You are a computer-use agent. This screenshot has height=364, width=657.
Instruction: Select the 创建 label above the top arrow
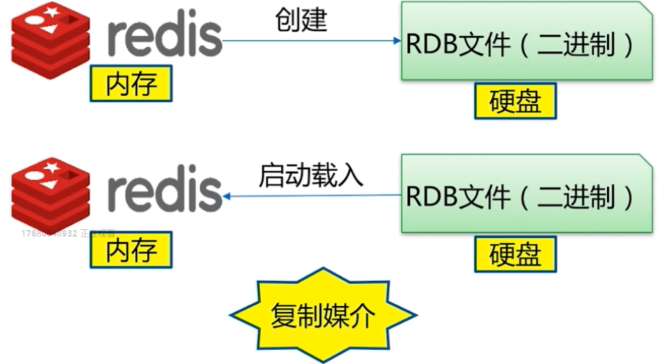click(302, 21)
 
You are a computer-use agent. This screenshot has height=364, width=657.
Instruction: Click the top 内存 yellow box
click(131, 83)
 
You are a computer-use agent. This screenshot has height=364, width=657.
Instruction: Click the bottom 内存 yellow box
click(131, 249)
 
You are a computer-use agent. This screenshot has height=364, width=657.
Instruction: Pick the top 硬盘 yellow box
click(515, 101)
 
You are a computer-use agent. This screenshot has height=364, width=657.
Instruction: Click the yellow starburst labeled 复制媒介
click(323, 315)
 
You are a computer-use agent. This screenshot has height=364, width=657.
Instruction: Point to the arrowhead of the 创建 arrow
click(397, 41)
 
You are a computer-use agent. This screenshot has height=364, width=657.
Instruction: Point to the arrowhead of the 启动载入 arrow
click(227, 196)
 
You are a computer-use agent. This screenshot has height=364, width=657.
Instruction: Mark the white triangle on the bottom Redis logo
click(48, 185)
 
